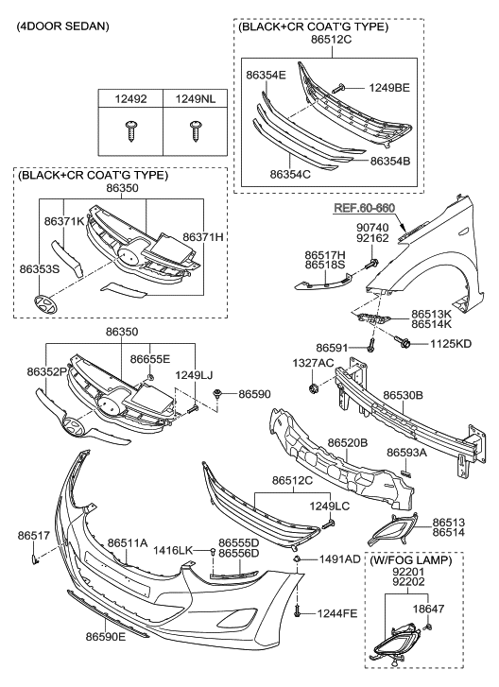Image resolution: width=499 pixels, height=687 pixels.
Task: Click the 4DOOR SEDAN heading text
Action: (x=62, y=26)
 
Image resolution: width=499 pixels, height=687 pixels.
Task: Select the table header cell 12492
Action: (x=130, y=98)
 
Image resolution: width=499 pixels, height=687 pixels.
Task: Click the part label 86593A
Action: (x=410, y=452)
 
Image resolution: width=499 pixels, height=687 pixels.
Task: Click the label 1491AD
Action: (x=338, y=559)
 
